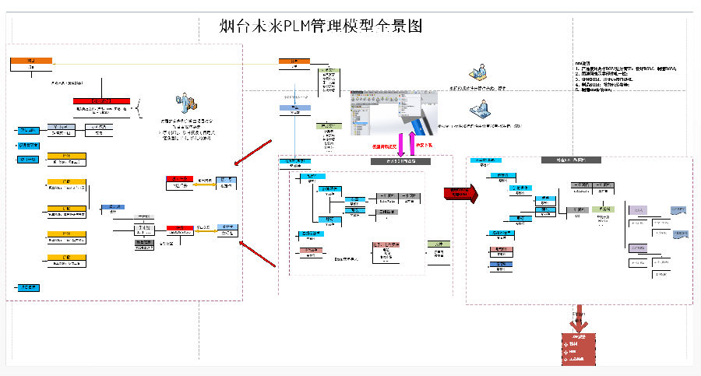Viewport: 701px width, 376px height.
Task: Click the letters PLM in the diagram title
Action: [297, 26]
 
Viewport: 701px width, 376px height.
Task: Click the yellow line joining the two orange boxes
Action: [164, 61]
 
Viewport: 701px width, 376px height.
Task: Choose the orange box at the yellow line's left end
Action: [31, 61]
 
